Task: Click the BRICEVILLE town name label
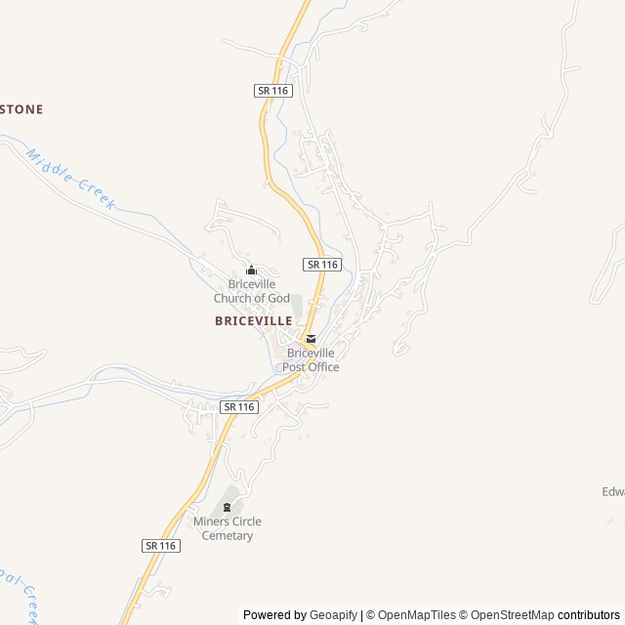tap(253, 320)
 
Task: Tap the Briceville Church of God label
tap(252, 291)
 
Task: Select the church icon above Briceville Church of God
tap(251, 271)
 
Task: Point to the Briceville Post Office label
tap(311, 359)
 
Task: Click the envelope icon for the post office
tap(311, 339)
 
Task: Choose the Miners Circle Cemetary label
tap(228, 528)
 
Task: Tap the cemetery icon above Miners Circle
tap(228, 507)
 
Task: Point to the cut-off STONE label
tap(21, 109)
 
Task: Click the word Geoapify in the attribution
tap(332, 615)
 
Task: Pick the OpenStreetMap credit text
tap(512, 615)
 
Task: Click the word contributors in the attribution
tap(588, 615)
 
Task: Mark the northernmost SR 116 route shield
tap(272, 91)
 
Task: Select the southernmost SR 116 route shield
tap(160, 546)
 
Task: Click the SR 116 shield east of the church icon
tap(322, 265)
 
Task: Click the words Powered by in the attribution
tap(274, 615)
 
